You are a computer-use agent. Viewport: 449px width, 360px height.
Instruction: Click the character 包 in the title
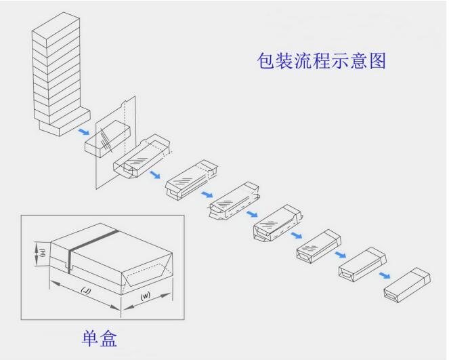265,61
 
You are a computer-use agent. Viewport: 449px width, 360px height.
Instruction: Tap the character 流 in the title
303,61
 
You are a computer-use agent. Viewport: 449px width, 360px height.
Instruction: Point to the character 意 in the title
359,61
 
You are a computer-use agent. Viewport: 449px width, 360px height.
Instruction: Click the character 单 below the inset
91,338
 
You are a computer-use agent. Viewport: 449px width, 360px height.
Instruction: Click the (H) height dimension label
42,252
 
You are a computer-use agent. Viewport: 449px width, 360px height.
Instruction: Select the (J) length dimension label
85,291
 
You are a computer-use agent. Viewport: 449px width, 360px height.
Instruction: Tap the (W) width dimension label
146,296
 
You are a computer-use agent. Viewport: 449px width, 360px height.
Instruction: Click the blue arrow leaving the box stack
83,132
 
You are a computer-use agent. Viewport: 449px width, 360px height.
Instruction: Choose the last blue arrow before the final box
385,275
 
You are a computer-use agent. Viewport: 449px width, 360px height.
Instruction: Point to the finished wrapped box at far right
407,285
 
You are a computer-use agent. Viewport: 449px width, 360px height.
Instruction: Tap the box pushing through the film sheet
108,138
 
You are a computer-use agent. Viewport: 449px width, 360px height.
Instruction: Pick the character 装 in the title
284,61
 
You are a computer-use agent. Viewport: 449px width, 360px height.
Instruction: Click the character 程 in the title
322,61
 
